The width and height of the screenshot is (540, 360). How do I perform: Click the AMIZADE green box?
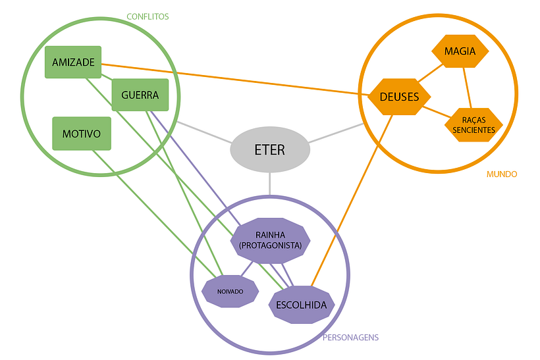[73, 63]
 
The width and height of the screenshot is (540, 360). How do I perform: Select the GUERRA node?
[140, 95]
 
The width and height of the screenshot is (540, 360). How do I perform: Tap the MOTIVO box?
[81, 134]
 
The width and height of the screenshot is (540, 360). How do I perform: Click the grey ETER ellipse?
[269, 149]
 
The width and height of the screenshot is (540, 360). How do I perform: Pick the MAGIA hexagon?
[460, 51]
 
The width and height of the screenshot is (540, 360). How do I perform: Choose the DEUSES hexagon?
[399, 97]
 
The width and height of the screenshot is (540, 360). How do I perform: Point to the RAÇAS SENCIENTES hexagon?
[473, 125]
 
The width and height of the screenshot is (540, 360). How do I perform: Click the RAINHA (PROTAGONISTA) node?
[270, 240]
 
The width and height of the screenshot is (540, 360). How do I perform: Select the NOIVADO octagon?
[230, 291]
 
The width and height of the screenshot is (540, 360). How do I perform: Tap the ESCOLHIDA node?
[302, 305]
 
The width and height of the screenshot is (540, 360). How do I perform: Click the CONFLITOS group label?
[148, 16]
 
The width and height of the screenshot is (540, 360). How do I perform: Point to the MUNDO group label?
[502, 174]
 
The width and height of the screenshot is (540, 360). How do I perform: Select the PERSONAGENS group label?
[350, 338]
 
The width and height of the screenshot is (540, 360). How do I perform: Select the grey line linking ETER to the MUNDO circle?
[336, 132]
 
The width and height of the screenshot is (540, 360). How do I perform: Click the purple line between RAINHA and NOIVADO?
[247, 268]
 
